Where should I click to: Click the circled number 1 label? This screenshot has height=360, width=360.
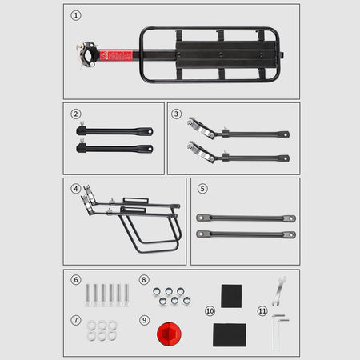point(76,15)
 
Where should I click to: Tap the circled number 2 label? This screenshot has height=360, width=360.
point(76,114)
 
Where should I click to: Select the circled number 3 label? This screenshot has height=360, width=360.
point(176,114)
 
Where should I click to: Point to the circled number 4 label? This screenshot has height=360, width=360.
point(76,189)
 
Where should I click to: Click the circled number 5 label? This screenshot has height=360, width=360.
point(202,189)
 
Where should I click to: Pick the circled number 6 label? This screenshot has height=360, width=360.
point(76,280)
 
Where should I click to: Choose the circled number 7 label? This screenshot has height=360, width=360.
point(76,320)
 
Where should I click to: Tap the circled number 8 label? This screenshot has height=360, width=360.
point(144,280)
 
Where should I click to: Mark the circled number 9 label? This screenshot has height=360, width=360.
point(144,320)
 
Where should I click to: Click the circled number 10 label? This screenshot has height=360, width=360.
point(210,311)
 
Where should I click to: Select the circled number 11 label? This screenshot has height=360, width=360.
point(262,311)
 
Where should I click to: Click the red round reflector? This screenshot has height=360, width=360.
point(169,334)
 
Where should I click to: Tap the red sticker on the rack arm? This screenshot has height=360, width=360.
point(116,55)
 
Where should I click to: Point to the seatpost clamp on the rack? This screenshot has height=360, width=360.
point(87,55)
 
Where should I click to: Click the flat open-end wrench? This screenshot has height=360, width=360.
point(279,291)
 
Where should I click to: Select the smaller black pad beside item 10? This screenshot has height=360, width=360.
point(231,296)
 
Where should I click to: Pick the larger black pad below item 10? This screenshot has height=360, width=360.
point(230,335)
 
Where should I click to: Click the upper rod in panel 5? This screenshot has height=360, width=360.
point(246,218)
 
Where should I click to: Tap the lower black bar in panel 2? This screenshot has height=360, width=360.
point(114,148)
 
